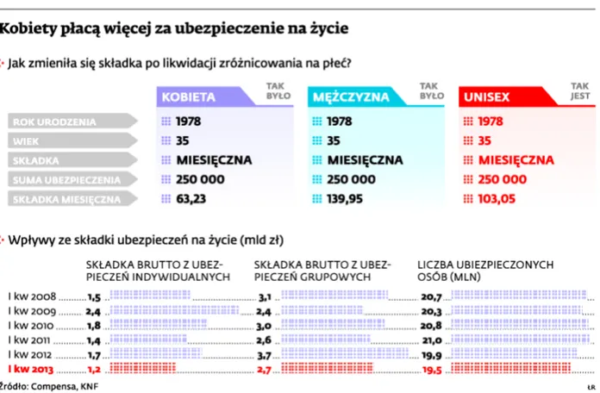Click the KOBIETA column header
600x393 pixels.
coord(189,97)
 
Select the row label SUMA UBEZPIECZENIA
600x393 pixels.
coord(66,179)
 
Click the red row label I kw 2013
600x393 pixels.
coord(30,368)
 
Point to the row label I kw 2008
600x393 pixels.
coord(31,296)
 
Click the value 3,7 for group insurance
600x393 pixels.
coord(266,354)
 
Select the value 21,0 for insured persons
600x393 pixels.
coord(432,340)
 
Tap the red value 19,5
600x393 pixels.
coord(432,368)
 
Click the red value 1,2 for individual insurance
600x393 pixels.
coord(95,368)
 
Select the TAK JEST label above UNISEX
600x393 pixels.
coord(580,90)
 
